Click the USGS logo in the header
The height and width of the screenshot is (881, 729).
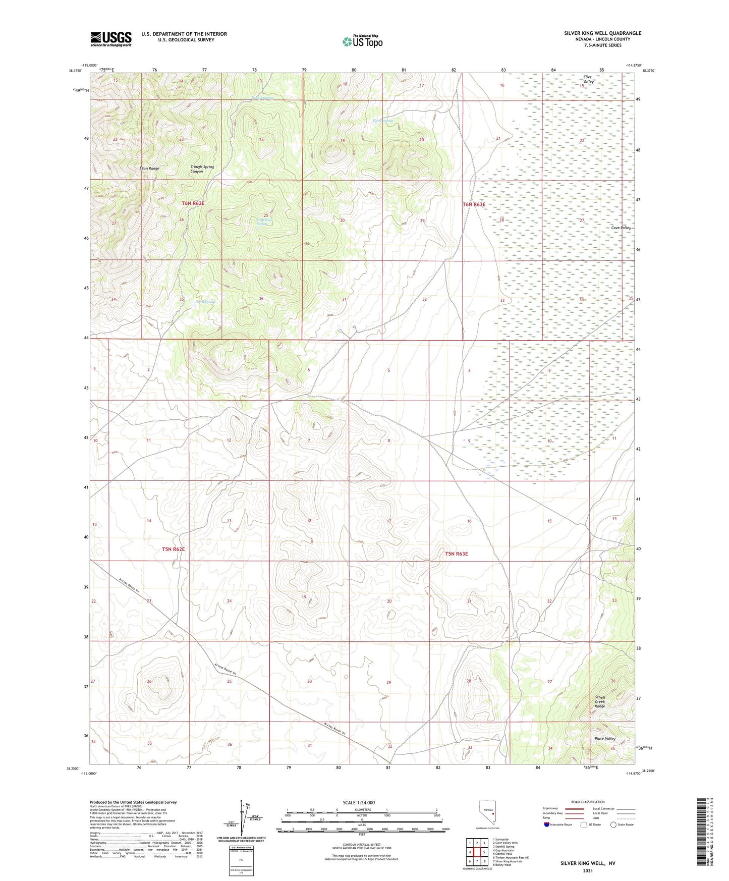click(x=111, y=39)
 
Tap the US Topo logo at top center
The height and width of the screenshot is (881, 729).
click(x=362, y=41)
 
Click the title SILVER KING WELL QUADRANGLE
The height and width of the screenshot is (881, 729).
click(x=602, y=33)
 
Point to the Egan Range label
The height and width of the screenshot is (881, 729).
click(x=150, y=168)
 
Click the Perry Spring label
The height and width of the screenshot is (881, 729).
click(x=205, y=302)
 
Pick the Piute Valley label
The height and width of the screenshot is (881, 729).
click(x=605, y=738)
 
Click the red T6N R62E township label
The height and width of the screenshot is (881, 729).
click(x=193, y=203)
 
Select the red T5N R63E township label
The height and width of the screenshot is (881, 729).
click(x=456, y=554)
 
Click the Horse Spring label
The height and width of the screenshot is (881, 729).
click(x=383, y=121)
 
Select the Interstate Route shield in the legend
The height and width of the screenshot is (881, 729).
click(x=547, y=824)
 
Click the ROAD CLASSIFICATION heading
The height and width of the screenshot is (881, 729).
click(x=588, y=802)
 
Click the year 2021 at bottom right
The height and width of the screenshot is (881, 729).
click(x=588, y=870)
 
